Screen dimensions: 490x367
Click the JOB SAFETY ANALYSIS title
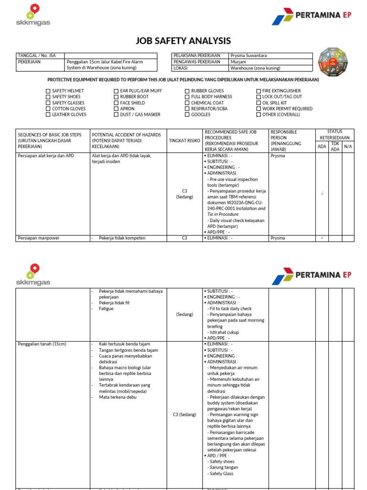click(183, 41)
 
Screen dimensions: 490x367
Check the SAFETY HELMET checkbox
click(48, 91)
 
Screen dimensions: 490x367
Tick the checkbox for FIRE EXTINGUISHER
click(259, 91)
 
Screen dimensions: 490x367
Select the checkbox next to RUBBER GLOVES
click(187, 91)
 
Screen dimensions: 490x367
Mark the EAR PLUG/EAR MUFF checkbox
click(116, 91)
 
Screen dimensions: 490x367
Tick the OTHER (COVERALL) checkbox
click(259, 115)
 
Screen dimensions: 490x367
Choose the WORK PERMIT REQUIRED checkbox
click(259, 109)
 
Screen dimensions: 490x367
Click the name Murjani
click(238, 62)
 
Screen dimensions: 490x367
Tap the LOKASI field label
click(182, 68)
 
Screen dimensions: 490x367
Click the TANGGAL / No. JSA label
click(36, 56)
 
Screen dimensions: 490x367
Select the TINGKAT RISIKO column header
click(184, 141)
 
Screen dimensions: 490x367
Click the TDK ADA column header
click(335, 146)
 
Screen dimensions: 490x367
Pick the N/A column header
click(348, 146)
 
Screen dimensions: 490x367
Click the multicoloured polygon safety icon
click(333, 62)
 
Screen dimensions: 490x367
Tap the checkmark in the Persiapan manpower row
click(323, 238)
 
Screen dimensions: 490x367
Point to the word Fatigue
click(106, 309)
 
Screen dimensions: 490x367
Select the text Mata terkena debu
click(118, 397)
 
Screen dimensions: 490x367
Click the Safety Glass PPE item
click(221, 474)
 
